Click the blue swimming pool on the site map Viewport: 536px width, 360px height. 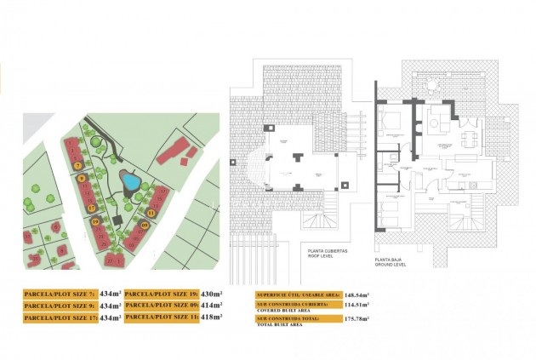pos(130,180)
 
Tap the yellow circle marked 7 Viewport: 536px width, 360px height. pos(77,164)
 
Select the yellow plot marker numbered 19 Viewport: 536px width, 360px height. pos(95,223)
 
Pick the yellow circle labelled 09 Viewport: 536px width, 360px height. pos(145,226)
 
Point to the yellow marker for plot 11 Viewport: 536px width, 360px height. pos(151,212)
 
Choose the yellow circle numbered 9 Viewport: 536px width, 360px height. pos(82,178)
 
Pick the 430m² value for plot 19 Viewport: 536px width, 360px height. pos(210,294)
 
